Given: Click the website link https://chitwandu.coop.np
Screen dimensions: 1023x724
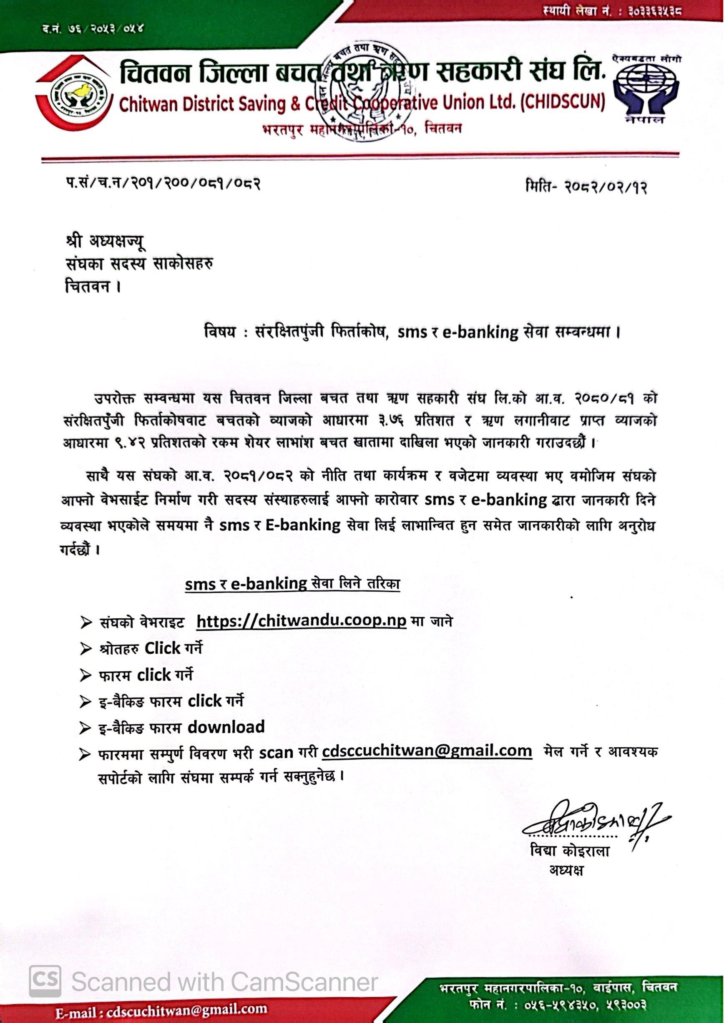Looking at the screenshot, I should pos(301,621).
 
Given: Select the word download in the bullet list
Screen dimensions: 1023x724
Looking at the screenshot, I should pos(226,727).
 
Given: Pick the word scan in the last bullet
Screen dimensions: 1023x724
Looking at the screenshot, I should pos(276,753).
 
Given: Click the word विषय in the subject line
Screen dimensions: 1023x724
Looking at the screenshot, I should pos(219,332).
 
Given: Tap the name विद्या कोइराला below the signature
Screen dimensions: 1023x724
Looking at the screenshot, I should pos(570,850).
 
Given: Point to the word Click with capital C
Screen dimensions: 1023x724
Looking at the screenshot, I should pos(162,648).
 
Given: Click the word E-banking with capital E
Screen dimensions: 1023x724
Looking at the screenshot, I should pos(303,525).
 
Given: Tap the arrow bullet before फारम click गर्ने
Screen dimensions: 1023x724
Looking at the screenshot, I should pos(85,675).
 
